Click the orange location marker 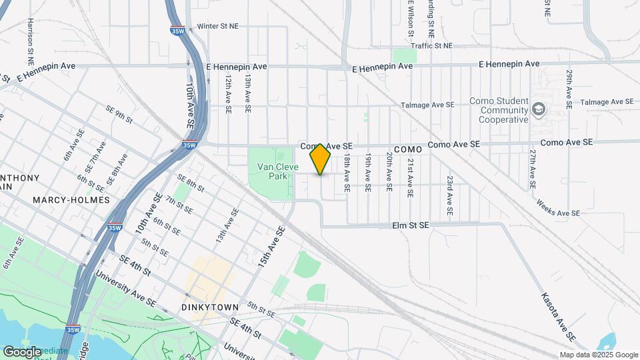point(321,159)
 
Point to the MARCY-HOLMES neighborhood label point(62,199)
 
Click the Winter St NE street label point(218,27)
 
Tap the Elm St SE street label point(411,226)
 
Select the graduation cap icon point(538,109)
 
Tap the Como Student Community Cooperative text point(503,110)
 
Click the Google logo point(22,351)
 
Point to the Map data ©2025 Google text point(598,355)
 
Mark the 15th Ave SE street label point(272,248)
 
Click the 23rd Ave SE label point(450,195)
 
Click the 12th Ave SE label point(227,92)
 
